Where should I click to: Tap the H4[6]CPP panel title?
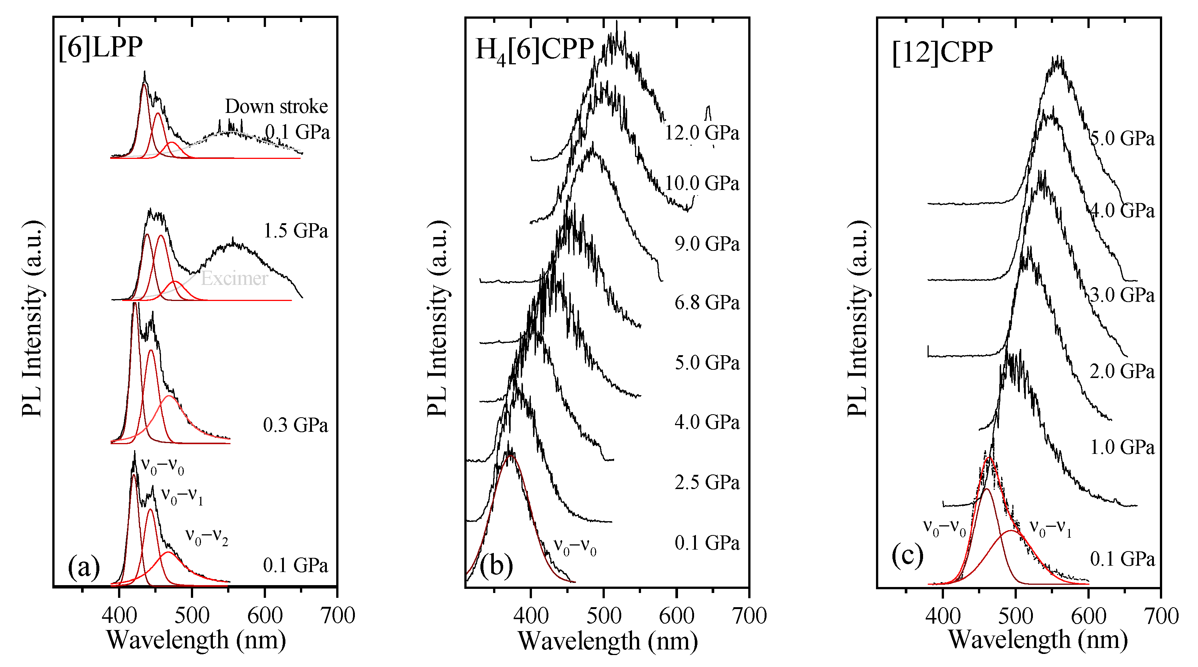point(535,49)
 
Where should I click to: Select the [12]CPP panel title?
point(942,52)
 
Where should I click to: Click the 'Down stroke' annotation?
point(276,107)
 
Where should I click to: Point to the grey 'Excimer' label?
point(234,278)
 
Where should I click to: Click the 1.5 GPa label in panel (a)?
point(296,231)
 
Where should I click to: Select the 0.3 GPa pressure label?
point(296,425)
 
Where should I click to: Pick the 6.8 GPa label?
point(707,303)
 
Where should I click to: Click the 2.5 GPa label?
point(707,483)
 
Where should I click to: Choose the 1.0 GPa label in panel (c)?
point(1122,448)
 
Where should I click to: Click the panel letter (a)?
point(84,567)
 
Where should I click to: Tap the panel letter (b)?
point(496,566)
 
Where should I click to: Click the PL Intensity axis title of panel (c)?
point(857,319)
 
